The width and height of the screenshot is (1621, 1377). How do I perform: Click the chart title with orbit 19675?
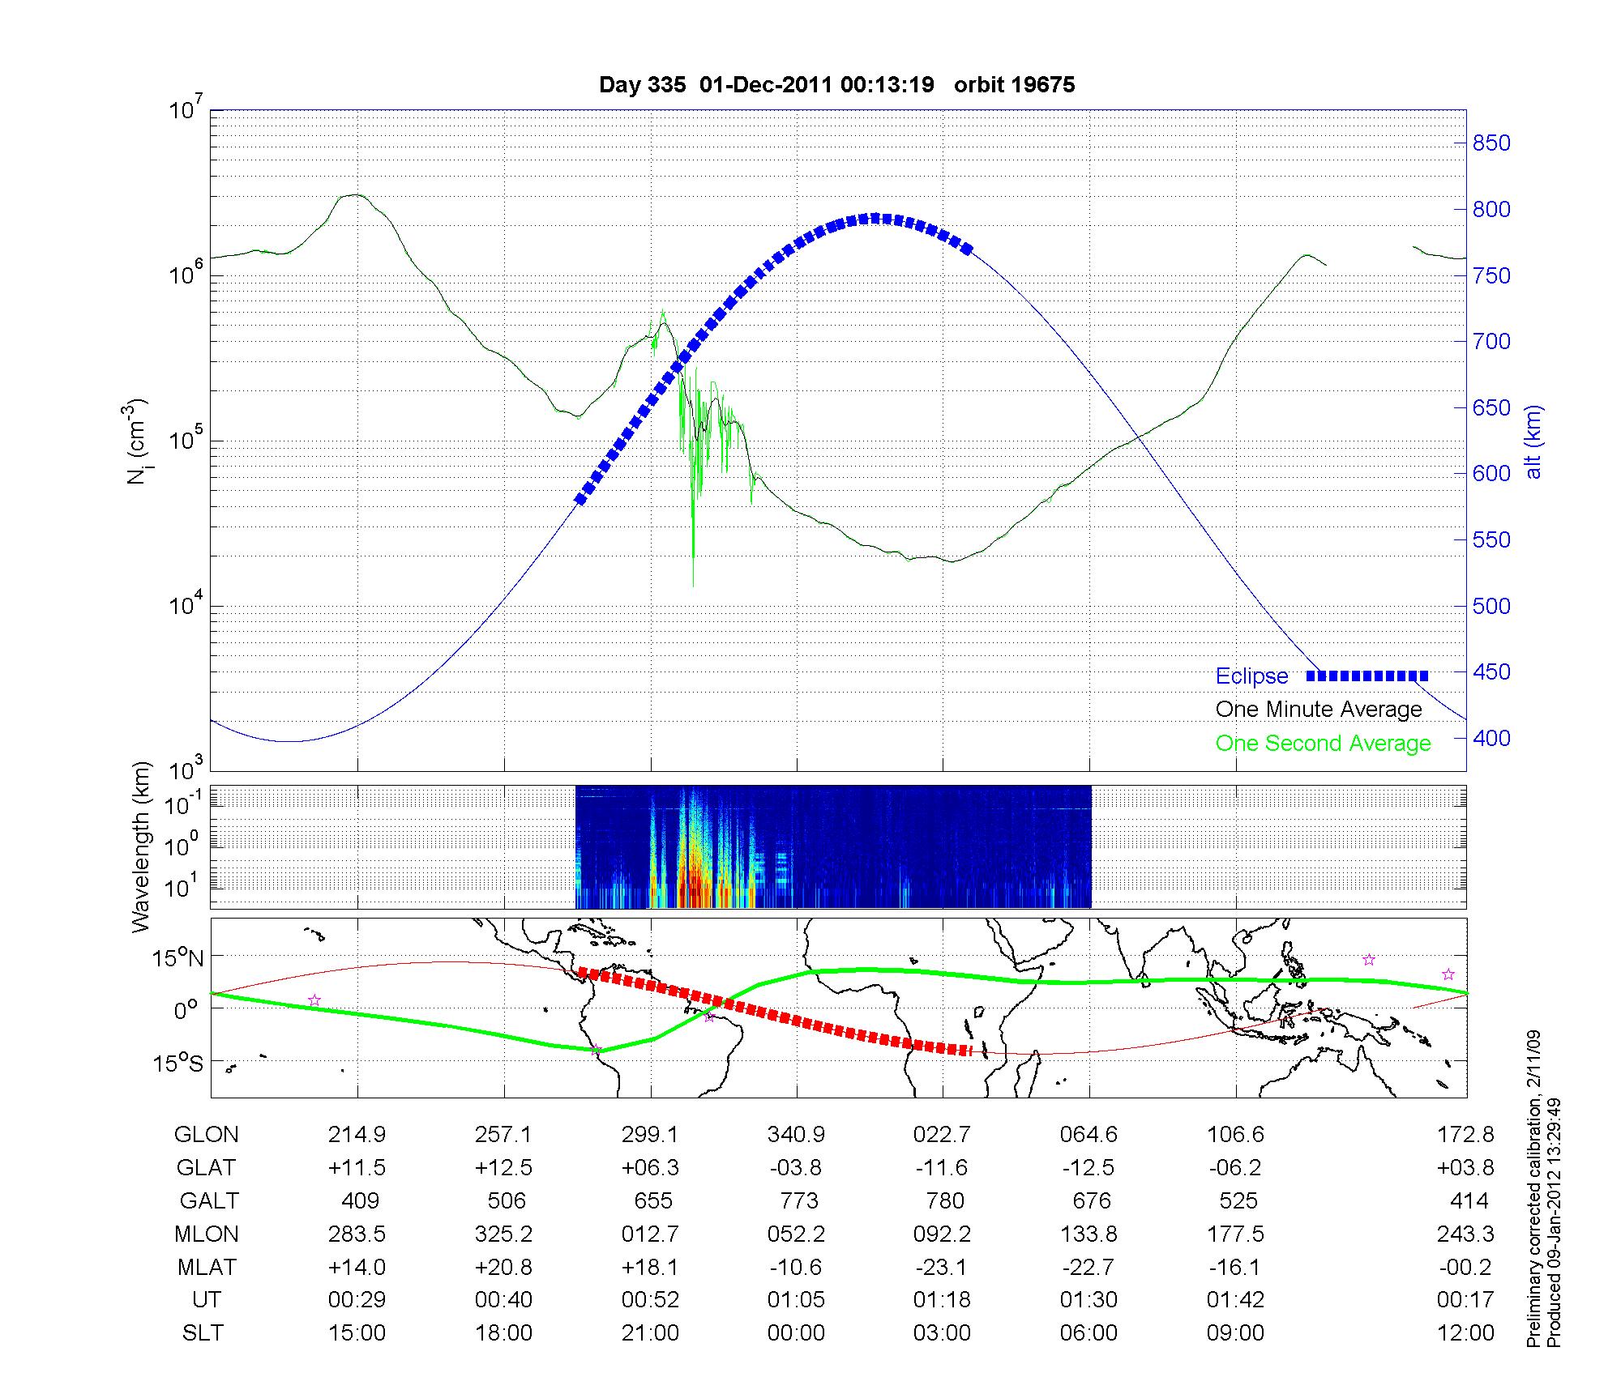[x=836, y=85]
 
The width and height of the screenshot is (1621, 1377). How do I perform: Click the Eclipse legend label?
[x=1251, y=676]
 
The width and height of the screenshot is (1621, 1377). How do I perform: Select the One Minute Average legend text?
[x=1319, y=710]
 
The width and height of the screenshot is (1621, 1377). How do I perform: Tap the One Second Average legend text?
[x=1323, y=744]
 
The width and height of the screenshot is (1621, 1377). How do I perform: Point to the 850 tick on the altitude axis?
[x=1491, y=143]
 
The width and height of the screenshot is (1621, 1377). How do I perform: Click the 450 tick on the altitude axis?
[x=1491, y=672]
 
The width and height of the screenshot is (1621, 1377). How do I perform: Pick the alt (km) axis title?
[x=1533, y=441]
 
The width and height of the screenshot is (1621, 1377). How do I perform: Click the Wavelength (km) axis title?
[x=141, y=846]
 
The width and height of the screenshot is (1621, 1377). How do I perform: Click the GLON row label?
[x=207, y=1135]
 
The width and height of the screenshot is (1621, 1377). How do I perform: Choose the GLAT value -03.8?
[x=796, y=1168]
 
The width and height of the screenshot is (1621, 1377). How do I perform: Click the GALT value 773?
[x=798, y=1201]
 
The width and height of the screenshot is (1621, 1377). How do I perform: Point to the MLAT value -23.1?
[x=942, y=1268]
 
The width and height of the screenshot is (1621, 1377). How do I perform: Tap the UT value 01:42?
[x=1235, y=1300]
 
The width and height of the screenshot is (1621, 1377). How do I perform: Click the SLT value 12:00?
[x=1465, y=1333]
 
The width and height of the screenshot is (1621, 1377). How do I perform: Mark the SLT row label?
[x=203, y=1333]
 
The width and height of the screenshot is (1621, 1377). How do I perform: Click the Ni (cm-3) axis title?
[x=136, y=441]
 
